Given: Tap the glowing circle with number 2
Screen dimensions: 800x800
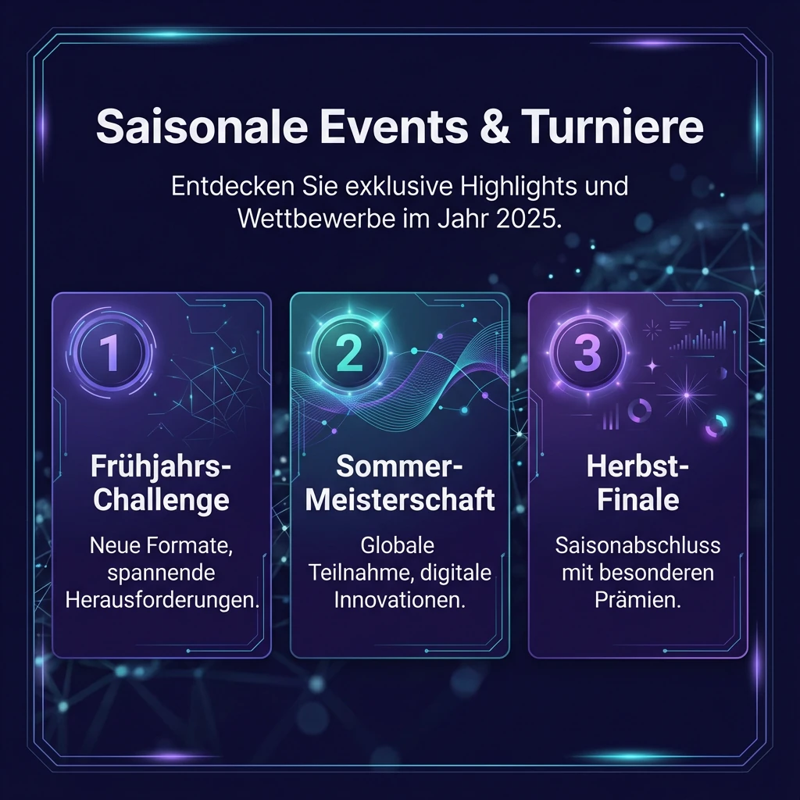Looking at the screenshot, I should [x=348, y=353].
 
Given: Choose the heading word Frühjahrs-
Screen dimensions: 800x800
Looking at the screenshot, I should [x=161, y=467].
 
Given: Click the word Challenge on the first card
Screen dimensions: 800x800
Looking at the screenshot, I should [x=161, y=500].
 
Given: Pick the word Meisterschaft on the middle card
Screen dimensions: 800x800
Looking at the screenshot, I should [x=400, y=500].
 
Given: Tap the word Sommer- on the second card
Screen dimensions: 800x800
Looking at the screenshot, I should [x=400, y=467].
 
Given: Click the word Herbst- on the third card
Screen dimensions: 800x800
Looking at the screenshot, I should [x=637, y=467].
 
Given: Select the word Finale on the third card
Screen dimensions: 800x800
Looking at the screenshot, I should [x=637, y=500].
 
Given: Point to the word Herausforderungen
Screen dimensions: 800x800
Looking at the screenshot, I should [x=161, y=601].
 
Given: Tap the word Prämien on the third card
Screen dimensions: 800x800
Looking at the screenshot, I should [x=637, y=601].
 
